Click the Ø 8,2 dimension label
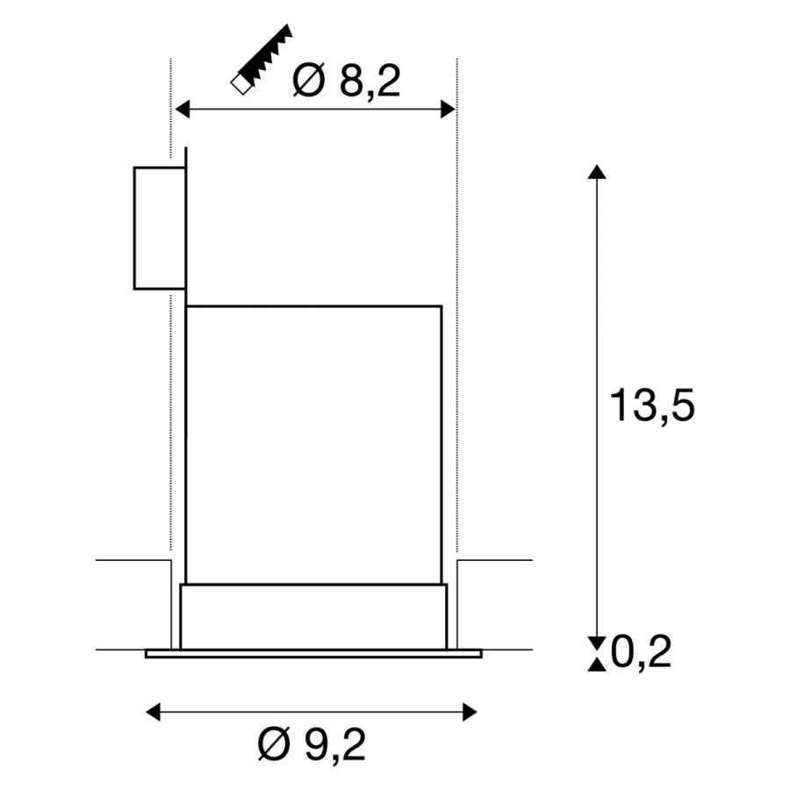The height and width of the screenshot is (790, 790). pyautogui.click(x=347, y=81)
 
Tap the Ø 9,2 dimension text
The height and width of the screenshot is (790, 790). pyautogui.click(x=312, y=744)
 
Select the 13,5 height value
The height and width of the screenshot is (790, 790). pyautogui.click(x=652, y=405)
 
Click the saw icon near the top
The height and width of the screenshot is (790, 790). pyautogui.click(x=262, y=60)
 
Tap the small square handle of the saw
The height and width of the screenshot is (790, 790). pyautogui.click(x=241, y=85)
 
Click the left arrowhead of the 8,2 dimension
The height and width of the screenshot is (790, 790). pyautogui.click(x=182, y=108)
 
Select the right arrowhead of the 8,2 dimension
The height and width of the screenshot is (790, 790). pyautogui.click(x=448, y=108)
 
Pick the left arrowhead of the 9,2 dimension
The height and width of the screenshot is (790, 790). pyautogui.click(x=153, y=713)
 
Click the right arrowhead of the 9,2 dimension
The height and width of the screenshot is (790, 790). pyautogui.click(x=470, y=713)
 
